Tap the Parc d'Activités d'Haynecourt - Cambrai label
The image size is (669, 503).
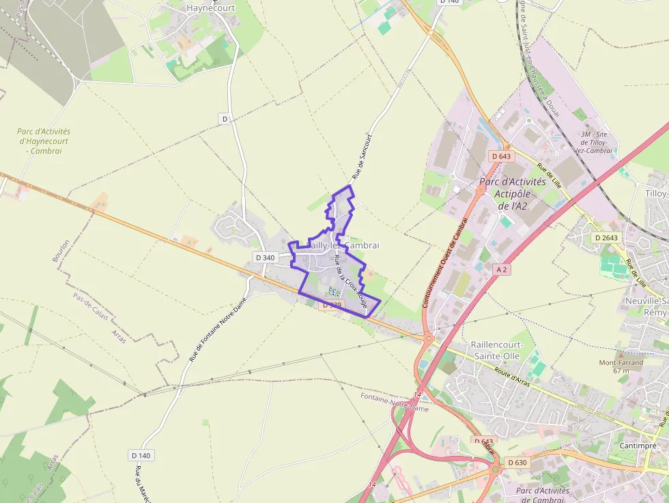point(44,141)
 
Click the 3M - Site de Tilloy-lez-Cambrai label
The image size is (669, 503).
point(595,142)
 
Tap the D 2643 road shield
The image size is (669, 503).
point(606,238)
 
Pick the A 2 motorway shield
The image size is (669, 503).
point(502,270)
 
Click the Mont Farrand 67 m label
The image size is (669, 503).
point(621,367)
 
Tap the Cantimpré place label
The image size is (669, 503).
point(636,445)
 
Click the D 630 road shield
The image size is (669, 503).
point(517,462)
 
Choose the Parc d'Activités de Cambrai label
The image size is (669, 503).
point(543,495)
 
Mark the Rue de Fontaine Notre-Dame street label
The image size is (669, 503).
point(217,330)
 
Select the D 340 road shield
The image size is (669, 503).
point(264,257)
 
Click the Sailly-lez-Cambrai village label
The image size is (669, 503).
point(343,245)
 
